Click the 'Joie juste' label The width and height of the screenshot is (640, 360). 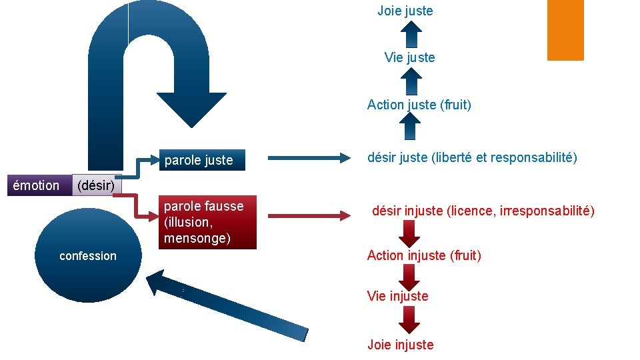click(405, 11)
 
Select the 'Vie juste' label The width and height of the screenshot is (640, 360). click(409, 57)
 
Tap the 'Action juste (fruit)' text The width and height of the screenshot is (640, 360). click(419, 105)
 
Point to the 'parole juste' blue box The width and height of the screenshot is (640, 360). click(202, 160)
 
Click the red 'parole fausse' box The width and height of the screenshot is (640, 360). click(207, 223)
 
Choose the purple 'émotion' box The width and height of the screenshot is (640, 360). click(36, 185)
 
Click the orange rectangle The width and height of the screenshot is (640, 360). click(565, 29)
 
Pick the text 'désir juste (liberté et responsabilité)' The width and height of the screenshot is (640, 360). click(472, 158)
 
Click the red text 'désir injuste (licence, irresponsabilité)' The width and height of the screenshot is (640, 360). click(483, 211)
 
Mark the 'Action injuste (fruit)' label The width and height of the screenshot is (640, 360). click(424, 255)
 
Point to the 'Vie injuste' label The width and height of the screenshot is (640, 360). click(397, 296)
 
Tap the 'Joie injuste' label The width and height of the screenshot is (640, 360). click(400, 345)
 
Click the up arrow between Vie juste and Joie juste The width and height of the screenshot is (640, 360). click(411, 34)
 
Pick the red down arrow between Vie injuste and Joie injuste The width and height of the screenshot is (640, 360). click(409, 320)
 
